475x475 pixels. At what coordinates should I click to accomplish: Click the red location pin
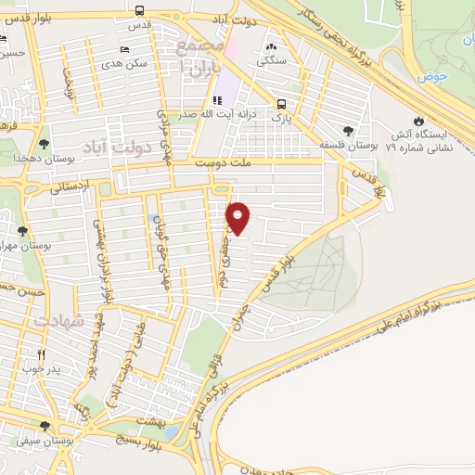pyautogui.click(x=239, y=218)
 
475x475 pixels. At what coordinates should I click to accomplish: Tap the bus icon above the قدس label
pyautogui.click(x=138, y=11)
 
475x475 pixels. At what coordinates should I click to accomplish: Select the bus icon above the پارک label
pyautogui.click(x=282, y=104)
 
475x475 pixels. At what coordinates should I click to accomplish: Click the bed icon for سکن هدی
pyautogui.click(x=125, y=50)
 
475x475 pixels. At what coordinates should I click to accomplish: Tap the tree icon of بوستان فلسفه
pyautogui.click(x=348, y=131)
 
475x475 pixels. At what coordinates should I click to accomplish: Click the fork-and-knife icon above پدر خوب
pyautogui.click(x=40, y=354)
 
